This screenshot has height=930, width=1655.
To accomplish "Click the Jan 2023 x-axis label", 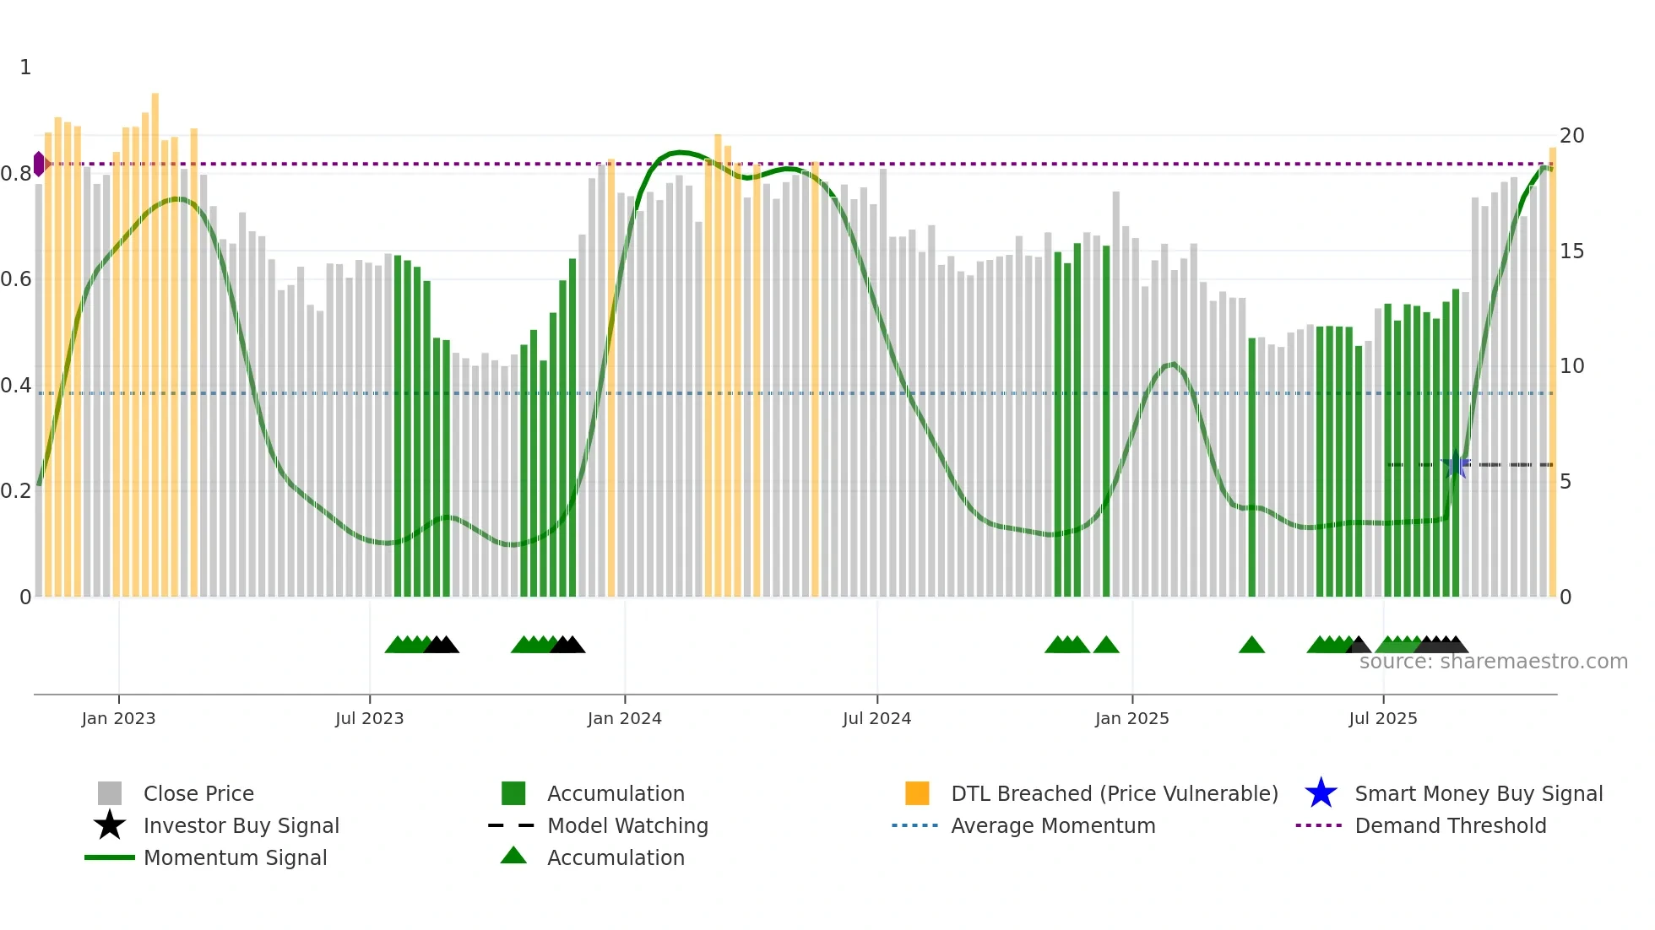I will pos(118,718).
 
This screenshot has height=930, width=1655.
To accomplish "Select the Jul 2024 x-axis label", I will pos(876,718).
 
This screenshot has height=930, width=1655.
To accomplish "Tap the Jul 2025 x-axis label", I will pos(1382,718).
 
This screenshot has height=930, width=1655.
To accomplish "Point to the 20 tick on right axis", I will pos(1571,136).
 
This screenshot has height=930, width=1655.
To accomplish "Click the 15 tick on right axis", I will pos(1571,251).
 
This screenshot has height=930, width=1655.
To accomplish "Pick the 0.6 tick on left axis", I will pos(16,279).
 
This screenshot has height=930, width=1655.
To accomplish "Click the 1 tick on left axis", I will pos(25,68).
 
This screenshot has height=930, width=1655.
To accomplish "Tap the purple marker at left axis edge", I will pos(39,164).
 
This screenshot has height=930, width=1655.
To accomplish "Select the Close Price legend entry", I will pos(198,793).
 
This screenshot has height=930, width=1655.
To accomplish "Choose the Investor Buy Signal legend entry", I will pos(241,825).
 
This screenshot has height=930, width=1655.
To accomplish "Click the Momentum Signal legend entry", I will pos(235,857).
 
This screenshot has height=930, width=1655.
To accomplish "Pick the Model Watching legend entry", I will pos(627,825).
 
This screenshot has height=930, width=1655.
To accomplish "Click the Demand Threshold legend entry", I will pos(1450,825).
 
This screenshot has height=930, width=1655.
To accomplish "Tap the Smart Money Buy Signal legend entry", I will pos(1478,793).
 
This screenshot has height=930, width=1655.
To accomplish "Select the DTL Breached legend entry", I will pos(1114,793).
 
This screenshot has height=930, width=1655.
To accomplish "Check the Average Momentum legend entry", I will pos(1052,825).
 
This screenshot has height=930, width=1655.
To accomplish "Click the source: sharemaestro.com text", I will pos(1493,662).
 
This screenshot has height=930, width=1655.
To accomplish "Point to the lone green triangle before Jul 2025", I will pos(1251,646).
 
